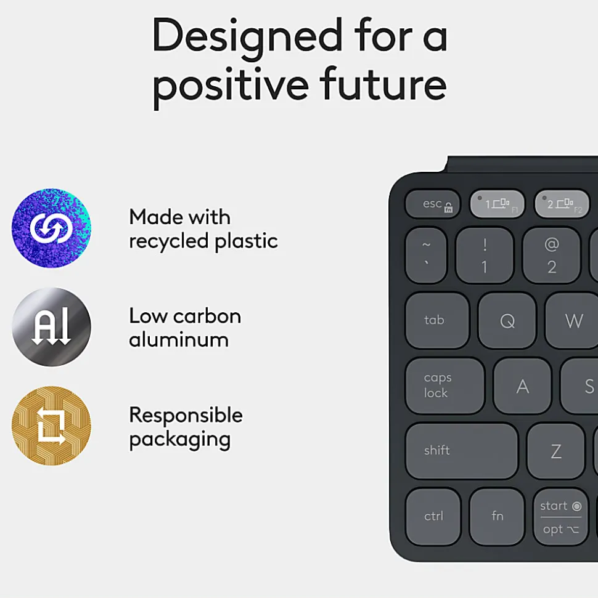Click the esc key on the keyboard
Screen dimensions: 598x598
tap(433, 204)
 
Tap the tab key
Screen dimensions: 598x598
tap(437, 320)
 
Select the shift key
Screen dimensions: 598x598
tap(462, 450)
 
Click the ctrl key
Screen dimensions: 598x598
tap(433, 516)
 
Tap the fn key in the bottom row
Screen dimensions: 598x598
tap(497, 516)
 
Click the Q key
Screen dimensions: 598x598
tap(507, 320)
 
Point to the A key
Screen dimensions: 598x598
tap(522, 386)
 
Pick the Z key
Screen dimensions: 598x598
tap(555, 450)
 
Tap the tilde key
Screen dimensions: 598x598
tap(426, 255)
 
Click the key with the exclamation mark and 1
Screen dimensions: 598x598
tap(485, 255)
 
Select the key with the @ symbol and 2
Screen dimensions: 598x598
tap(551, 255)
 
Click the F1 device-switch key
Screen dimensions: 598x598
tap(497, 204)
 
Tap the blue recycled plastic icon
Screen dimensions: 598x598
tap(51, 228)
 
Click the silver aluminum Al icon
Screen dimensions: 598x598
tap(51, 327)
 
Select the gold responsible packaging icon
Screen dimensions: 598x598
tap(51, 426)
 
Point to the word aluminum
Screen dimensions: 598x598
tap(179, 339)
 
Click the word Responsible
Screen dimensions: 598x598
tap(186, 414)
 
